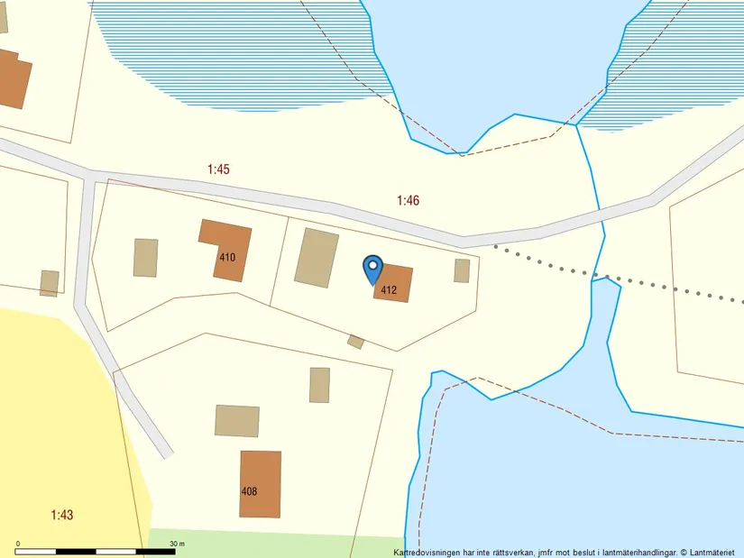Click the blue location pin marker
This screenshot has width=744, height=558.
[372, 269]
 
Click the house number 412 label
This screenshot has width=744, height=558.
[389, 290]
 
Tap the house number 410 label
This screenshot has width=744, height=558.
[227, 257]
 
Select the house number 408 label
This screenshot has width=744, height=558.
[250, 491]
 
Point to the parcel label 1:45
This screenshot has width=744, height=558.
[219, 169]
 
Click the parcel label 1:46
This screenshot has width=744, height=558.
[408, 200]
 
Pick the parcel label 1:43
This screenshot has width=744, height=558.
[61, 515]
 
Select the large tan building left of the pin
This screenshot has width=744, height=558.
[317, 258]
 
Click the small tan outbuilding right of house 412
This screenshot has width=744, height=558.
[462, 270]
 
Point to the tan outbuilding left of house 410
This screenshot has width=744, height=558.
[145, 258]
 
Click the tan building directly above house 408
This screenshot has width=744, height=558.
[237, 421]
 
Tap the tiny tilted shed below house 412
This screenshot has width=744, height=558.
[356, 342]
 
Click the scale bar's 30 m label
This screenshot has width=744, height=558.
[177, 544]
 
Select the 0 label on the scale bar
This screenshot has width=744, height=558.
[18, 544]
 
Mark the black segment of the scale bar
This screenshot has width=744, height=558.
[37, 551]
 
